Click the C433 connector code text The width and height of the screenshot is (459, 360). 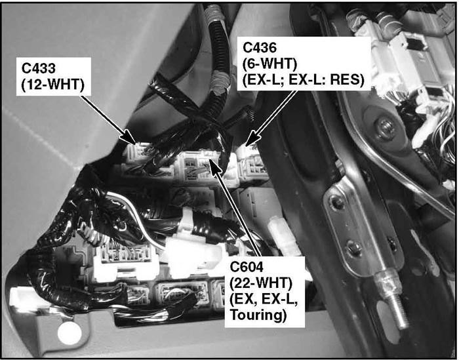coord(38,68)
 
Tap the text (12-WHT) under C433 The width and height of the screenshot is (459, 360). coord(52,85)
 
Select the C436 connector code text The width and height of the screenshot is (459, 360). coord(260,47)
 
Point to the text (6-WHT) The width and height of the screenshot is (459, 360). coord(270,64)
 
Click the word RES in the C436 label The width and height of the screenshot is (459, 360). coord(347,80)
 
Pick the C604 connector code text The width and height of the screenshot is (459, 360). coord(247,267)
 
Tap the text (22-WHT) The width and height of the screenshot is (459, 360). coord(261,283)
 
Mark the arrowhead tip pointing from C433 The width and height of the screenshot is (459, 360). coord(135,144)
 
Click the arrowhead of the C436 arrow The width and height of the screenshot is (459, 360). coord(245,146)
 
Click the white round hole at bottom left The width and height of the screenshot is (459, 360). coord(70,333)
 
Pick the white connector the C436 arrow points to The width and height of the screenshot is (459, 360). coord(252,164)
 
